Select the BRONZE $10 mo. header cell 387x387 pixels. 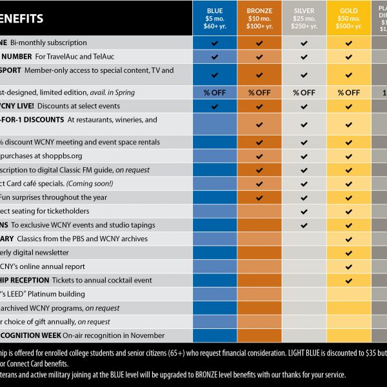(259, 18)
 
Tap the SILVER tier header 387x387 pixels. (304, 18)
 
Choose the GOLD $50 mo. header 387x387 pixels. (348, 18)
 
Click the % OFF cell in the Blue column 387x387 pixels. (215, 92)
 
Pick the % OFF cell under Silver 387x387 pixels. (304, 92)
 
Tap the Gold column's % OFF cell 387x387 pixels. (348, 92)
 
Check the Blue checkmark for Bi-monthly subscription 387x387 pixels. (215, 43)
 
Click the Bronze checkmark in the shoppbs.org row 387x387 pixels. (259, 155)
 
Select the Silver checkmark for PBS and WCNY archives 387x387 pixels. (304, 239)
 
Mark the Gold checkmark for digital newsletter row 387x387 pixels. (348, 252)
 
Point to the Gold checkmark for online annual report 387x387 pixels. (348, 266)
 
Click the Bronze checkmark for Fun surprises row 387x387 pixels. (259, 197)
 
